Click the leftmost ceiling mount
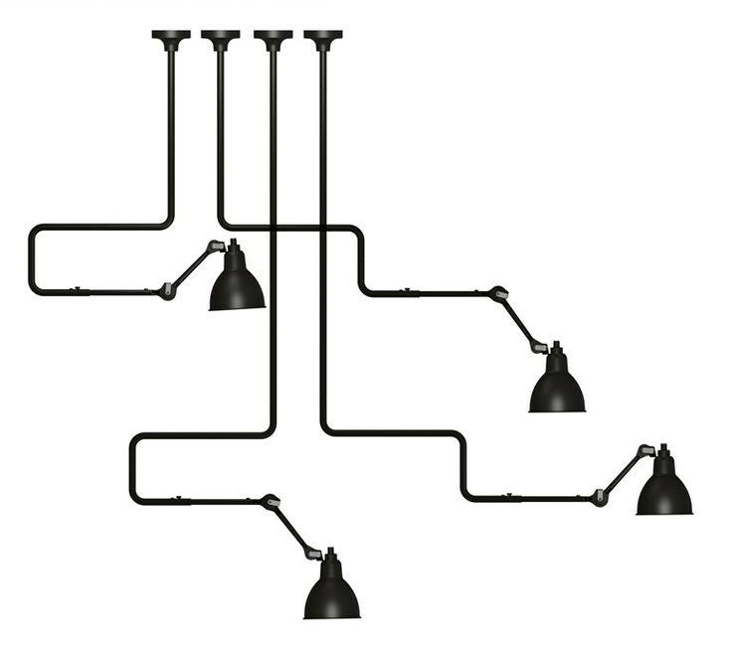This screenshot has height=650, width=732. click(171, 39)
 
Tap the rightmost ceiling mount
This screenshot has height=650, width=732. click(323, 39)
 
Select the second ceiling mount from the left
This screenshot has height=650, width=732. click(220, 39)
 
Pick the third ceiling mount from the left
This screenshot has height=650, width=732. click(273, 39)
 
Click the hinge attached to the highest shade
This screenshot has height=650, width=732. click(216, 246)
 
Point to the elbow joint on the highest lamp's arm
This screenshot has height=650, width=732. click(167, 291)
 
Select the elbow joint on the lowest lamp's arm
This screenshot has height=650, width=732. click(270, 502)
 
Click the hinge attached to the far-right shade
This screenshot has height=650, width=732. click(645, 451)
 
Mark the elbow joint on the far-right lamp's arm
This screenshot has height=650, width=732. click(600, 497)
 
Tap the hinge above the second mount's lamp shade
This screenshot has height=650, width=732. click(540, 348)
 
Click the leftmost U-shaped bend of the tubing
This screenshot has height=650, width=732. click(32, 260)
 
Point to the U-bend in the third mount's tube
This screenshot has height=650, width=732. click(132, 467)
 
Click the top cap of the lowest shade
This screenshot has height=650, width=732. click(331, 553)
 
